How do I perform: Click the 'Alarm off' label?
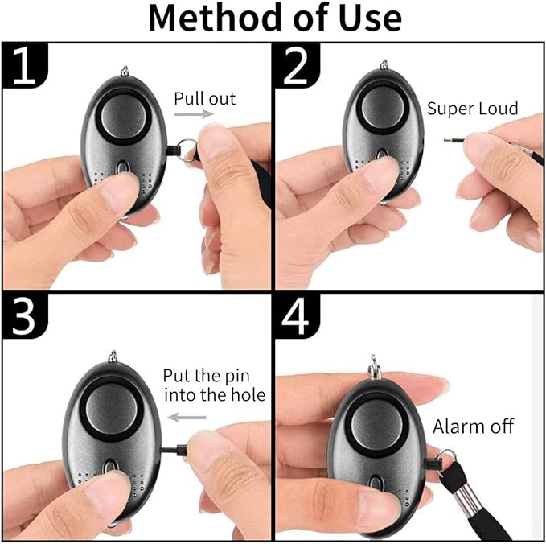point(473,427)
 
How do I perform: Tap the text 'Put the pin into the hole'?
point(213,385)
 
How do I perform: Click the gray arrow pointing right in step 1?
point(195,115)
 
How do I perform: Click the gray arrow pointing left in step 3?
point(187,418)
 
